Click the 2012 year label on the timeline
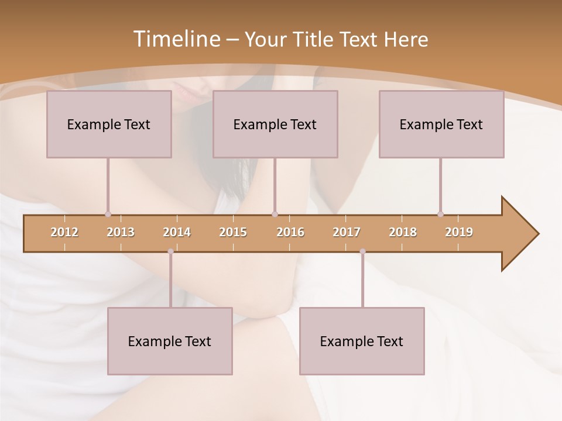click(x=64, y=232)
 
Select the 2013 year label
click(x=121, y=232)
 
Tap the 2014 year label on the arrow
click(x=177, y=232)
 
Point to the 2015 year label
click(x=233, y=232)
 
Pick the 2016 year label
click(x=290, y=232)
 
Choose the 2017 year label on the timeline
click(x=347, y=232)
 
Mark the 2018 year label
click(x=403, y=232)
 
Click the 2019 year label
click(x=459, y=232)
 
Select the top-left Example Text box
click(x=109, y=124)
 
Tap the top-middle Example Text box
click(x=275, y=124)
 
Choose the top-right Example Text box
click(x=441, y=124)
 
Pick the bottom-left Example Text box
click(x=170, y=341)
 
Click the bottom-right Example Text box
click(x=362, y=341)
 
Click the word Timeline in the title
click(x=176, y=39)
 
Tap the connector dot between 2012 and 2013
click(x=108, y=214)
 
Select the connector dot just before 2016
click(x=275, y=214)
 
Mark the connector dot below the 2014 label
click(x=170, y=251)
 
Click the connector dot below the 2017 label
click(x=362, y=251)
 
